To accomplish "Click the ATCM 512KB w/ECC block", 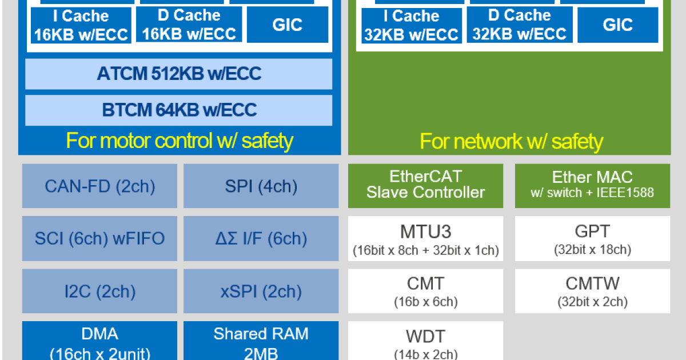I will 178,74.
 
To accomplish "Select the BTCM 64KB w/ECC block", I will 178,110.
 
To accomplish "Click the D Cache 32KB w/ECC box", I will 519,25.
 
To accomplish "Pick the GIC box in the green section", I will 617,25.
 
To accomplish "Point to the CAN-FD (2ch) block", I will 99,186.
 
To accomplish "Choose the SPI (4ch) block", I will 261,186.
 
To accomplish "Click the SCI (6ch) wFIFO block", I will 99,238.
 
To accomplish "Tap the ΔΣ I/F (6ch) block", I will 261,238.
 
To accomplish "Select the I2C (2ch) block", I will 99,291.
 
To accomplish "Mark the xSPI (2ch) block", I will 261,291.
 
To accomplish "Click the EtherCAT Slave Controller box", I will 425,185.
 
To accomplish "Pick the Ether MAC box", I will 592,185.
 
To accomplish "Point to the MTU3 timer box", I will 425,239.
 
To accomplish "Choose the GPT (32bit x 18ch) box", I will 592,239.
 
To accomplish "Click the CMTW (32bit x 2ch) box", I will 592,291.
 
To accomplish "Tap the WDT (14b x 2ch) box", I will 425,342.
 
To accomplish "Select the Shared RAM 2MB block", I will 261,342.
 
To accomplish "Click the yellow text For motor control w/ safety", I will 180,141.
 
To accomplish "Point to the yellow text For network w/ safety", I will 511,141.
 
